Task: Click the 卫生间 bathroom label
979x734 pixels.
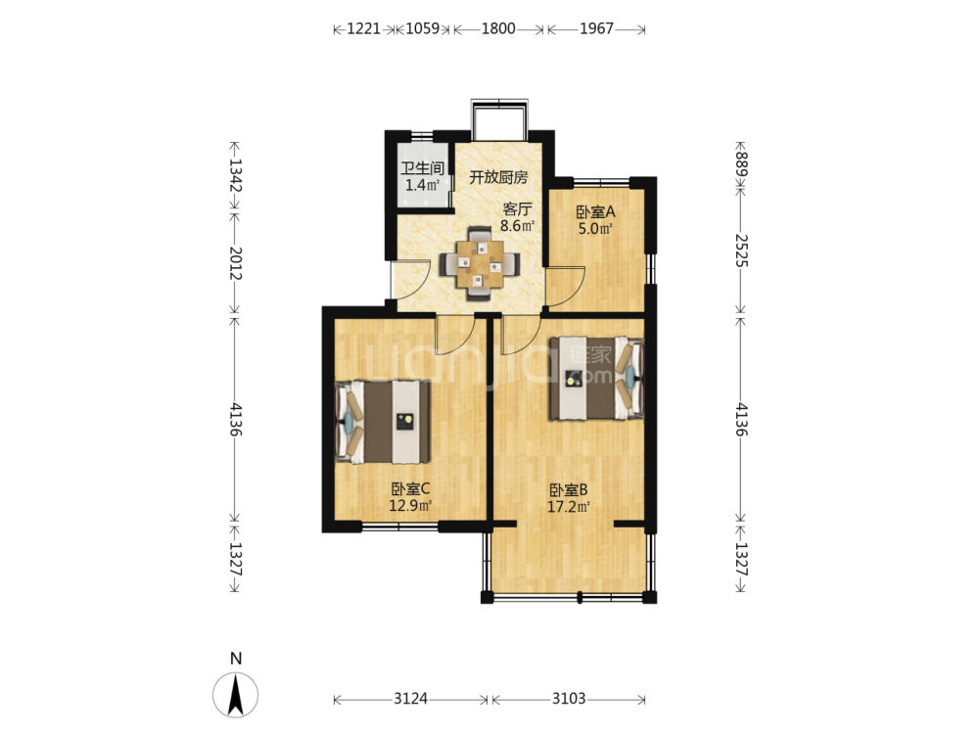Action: point(422,168)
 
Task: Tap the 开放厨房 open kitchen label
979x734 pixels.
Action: point(498,177)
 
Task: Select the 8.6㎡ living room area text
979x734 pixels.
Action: point(517,226)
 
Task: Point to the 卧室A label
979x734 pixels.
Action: point(595,211)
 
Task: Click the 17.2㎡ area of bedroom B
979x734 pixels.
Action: point(569,507)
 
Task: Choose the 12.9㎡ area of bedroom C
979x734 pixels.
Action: point(410,505)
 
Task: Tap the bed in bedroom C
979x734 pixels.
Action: point(383,422)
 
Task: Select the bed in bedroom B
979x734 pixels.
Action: point(596,378)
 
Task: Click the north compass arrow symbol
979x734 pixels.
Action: point(235,695)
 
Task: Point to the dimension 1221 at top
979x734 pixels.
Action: point(363,28)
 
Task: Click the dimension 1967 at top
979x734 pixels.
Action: point(596,28)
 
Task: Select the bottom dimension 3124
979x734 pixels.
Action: point(410,699)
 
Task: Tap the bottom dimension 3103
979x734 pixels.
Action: point(569,699)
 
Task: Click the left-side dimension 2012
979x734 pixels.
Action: point(235,262)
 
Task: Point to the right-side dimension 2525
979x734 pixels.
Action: point(741,251)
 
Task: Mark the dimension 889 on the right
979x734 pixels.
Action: point(741,163)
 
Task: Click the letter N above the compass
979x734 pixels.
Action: point(235,659)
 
